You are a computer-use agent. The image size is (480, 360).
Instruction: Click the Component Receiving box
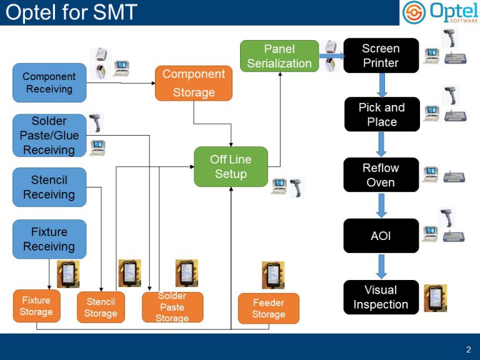tap(49, 82)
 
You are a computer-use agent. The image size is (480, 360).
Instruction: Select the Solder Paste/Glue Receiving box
tap(49, 135)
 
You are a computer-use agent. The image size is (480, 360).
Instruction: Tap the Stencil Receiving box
tap(49, 187)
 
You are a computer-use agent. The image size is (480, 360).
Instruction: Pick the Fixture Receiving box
tap(49, 239)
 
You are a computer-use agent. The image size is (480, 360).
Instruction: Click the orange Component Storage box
tap(194, 83)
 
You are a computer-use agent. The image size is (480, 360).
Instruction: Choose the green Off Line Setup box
tap(231, 167)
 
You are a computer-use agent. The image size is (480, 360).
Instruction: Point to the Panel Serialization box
tap(279, 56)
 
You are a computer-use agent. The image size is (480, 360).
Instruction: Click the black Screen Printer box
tap(381, 56)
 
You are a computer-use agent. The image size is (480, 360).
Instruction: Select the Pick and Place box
tap(381, 114)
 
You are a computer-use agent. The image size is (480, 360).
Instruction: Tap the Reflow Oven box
tap(381, 175)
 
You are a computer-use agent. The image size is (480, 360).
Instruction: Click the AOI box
tap(381, 236)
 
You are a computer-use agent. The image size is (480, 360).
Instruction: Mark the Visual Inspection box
tap(381, 297)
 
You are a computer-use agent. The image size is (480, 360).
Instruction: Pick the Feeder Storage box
tap(269, 308)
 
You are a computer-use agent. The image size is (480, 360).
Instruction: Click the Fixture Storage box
tap(36, 306)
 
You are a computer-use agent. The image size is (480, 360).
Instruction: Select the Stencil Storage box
tap(101, 307)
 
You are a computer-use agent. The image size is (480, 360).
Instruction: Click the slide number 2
tap(468, 349)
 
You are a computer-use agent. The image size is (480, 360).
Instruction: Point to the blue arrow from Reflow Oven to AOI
tap(381, 205)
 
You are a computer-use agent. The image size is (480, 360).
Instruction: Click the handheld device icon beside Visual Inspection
tap(435, 298)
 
